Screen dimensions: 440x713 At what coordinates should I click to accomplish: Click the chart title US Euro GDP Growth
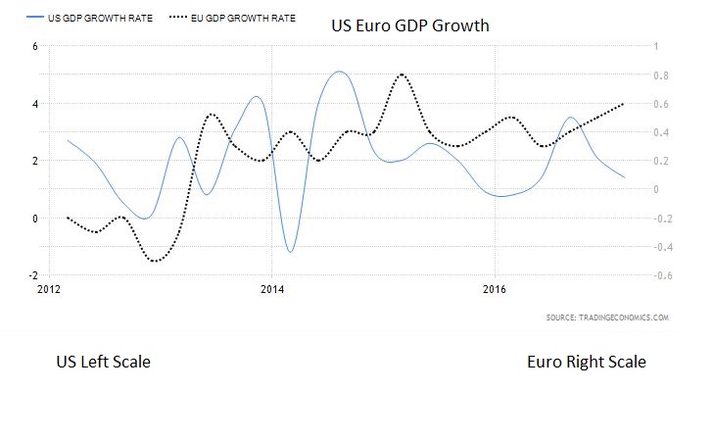408,24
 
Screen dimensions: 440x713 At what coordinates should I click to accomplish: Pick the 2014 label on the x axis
272,290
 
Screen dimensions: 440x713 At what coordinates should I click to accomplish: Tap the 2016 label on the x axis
496,290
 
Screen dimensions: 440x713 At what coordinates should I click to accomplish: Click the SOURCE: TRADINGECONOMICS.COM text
607,318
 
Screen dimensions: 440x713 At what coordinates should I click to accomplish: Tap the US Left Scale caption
104,363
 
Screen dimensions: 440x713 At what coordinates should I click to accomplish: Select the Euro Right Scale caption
587,363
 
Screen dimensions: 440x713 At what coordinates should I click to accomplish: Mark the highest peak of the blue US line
339,72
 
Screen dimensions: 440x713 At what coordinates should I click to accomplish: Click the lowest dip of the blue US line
290,252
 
